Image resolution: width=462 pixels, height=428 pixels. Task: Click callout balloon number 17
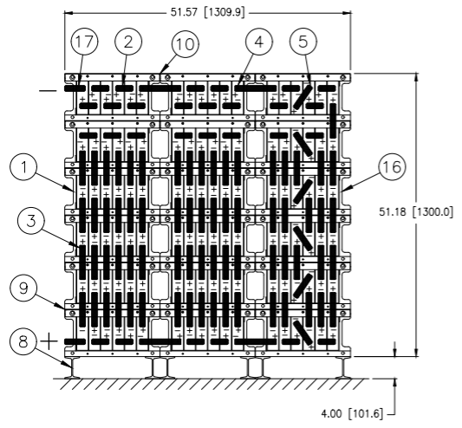84,42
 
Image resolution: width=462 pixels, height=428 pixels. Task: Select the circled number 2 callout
128,42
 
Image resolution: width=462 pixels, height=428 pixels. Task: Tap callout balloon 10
185,44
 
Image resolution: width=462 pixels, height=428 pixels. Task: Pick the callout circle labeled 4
258,42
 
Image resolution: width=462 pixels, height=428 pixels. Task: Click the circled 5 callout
303,42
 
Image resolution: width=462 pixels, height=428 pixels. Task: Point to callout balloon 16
392,167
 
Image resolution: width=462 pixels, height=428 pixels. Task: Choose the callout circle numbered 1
24,167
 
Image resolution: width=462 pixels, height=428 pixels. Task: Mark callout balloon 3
31,221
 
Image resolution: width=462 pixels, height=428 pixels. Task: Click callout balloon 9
23,289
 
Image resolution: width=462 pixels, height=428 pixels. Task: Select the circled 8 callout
23,341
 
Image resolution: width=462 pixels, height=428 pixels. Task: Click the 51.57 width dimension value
184,13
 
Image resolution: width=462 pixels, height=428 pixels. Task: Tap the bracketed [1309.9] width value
224,13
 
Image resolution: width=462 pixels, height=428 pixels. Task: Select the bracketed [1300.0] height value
433,211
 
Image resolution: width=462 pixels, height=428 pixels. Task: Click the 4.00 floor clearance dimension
331,413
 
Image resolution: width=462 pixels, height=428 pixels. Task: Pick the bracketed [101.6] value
366,413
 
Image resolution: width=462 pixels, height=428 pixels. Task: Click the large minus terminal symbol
48,91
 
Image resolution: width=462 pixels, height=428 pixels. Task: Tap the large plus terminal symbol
49,341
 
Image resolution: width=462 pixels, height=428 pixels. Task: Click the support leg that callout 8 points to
72,367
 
